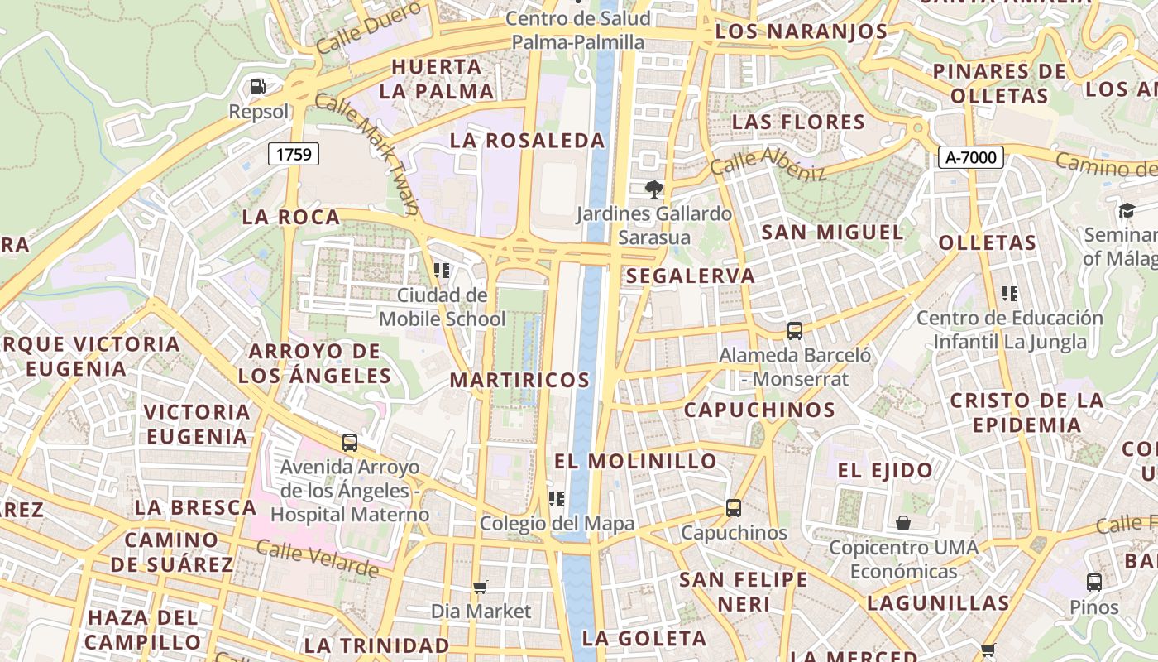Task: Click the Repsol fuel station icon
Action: [258, 86]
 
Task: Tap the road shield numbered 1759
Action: [294, 154]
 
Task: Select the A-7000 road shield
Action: [970, 157]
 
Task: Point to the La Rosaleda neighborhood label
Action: [527, 141]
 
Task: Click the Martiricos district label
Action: [519, 380]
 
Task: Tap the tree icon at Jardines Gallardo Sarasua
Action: [654, 189]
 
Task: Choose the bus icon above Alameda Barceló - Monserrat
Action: [795, 331]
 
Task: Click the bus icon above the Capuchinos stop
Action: [734, 508]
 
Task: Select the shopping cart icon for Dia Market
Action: [481, 588]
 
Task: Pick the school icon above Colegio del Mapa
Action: [557, 498]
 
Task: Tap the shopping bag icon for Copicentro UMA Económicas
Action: [903, 523]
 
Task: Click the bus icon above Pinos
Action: [1094, 583]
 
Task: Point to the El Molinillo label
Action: [635, 461]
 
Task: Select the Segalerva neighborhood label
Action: [691, 276]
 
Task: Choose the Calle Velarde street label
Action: [317, 558]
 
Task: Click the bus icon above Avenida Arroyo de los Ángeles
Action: [350, 443]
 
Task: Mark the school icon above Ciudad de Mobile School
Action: [442, 270]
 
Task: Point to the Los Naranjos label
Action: [801, 31]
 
